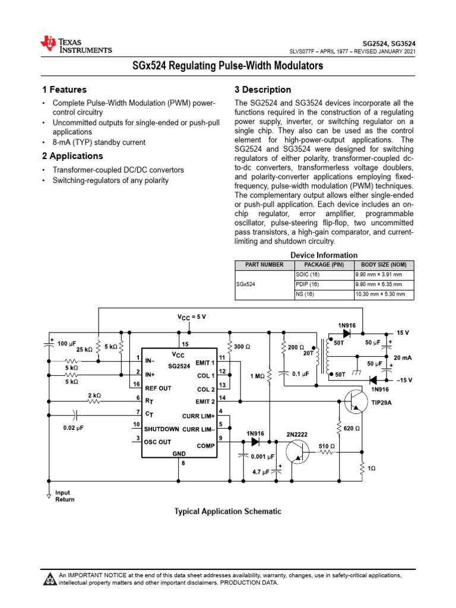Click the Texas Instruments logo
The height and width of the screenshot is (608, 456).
pos(75,44)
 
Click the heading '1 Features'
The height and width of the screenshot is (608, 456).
pos(64,90)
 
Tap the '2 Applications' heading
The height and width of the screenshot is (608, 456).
pos(72,156)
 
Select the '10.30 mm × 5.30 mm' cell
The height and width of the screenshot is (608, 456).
pos(380,294)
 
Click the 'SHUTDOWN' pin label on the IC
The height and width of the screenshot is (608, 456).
pos(161,429)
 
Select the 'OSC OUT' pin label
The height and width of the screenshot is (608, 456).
pos(157,441)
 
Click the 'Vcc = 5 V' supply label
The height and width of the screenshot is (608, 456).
pos(192,317)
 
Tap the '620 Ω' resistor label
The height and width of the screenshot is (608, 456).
pos(353,428)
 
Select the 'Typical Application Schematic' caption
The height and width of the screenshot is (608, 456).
pos(227,511)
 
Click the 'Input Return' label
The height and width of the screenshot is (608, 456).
pos(65,496)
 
